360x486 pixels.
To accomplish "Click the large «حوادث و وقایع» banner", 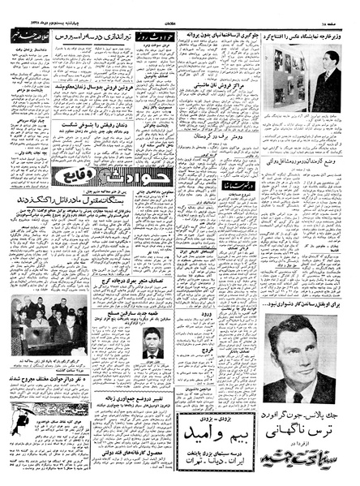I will pyautogui.click(x=86, y=176).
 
